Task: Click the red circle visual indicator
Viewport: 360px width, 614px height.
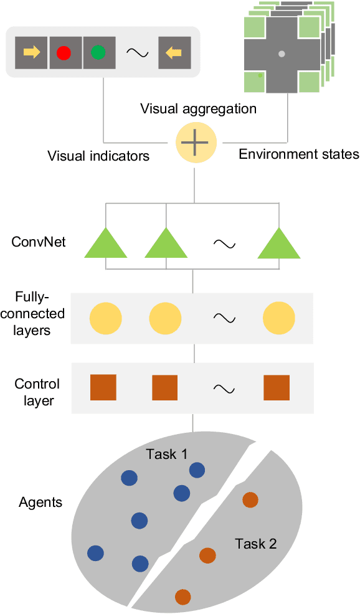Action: tap(64, 52)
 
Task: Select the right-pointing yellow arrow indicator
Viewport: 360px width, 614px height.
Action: tap(32, 52)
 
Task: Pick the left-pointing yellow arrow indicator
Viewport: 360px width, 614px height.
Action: tap(174, 52)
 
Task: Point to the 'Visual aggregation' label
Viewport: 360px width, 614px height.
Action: tap(198, 109)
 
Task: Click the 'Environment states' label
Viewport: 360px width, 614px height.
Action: tap(299, 154)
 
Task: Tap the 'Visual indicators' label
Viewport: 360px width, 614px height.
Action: tap(98, 156)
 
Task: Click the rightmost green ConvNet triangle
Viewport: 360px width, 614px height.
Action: tap(279, 243)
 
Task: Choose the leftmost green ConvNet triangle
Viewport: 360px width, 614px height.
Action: tap(105, 243)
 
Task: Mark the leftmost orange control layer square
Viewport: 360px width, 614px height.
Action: tap(103, 387)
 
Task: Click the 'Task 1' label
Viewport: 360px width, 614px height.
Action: tap(166, 454)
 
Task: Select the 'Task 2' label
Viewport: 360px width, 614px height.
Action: tap(255, 544)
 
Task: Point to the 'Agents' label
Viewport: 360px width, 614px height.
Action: tap(40, 502)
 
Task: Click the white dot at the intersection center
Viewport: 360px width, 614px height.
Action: tap(282, 54)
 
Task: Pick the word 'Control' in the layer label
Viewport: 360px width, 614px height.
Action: tap(37, 384)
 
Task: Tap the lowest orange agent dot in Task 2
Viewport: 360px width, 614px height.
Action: tap(182, 597)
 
